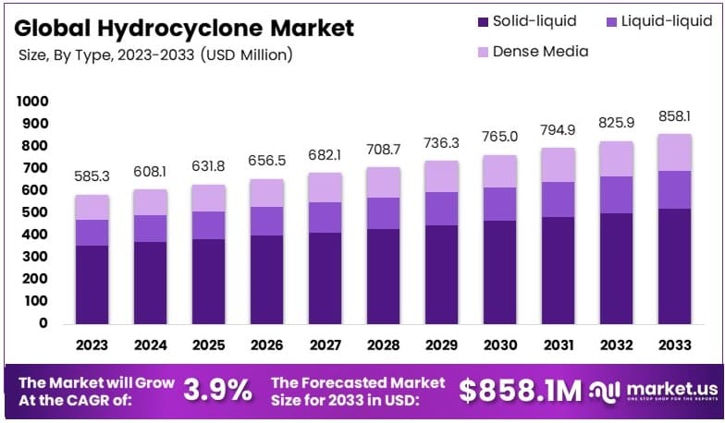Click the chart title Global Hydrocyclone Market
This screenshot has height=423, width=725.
tap(184, 28)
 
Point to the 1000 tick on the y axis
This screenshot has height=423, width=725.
tap(32, 101)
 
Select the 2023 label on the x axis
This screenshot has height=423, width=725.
tap(92, 345)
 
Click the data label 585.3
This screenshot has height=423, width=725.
tap(92, 175)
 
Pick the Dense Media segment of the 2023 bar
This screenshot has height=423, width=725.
tap(92, 207)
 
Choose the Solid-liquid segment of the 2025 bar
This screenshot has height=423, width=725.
tap(207, 281)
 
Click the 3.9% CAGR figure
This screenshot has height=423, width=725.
tap(217, 391)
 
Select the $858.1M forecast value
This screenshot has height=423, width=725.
tap(521, 391)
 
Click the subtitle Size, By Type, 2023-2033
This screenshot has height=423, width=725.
tap(155, 55)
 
